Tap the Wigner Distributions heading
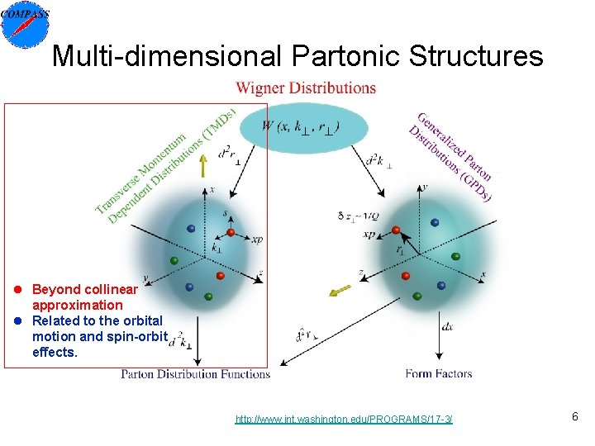(306, 88)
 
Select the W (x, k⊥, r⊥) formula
(300, 126)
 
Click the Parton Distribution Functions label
(196, 373)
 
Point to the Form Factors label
(438, 373)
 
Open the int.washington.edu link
(344, 420)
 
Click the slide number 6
(574, 418)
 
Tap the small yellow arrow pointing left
(340, 291)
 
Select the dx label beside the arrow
(447, 326)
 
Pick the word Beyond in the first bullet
(56, 289)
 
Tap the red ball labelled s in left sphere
(231, 232)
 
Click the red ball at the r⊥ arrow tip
(396, 230)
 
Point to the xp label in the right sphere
(369, 235)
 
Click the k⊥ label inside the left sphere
(217, 247)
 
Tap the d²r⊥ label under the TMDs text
(225, 154)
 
